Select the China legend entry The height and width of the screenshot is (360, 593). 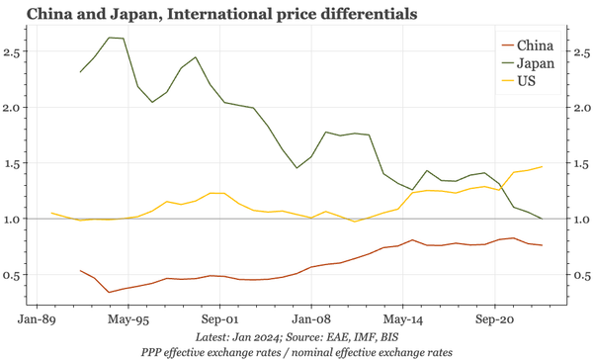[534, 45]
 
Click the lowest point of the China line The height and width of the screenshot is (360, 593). [109, 292]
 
